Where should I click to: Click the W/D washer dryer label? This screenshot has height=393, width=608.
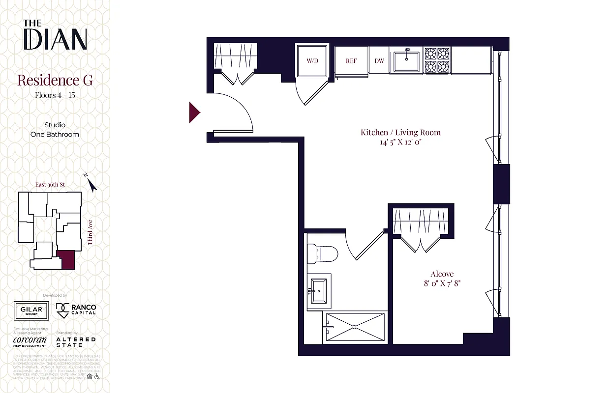(312, 61)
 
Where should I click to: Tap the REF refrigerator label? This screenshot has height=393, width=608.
(351, 61)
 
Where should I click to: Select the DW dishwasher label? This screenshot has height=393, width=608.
(379, 61)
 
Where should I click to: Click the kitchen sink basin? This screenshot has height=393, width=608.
(406, 61)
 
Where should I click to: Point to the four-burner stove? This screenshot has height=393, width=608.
(437, 60)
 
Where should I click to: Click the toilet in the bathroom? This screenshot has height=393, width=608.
(322, 253)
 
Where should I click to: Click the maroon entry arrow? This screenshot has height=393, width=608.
(194, 112)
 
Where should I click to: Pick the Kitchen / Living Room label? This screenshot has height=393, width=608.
(400, 132)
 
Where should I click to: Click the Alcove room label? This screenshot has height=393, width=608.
(442, 274)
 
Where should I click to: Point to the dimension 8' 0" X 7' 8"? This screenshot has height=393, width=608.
(442, 283)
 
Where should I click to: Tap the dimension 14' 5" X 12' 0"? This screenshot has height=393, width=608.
(400, 142)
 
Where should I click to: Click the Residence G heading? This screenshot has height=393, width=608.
(55, 80)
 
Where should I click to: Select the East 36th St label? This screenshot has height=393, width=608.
(50, 185)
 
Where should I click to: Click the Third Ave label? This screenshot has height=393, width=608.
(91, 232)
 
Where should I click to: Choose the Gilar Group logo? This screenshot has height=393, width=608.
(31, 310)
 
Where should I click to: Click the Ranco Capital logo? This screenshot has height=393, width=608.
(76, 310)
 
